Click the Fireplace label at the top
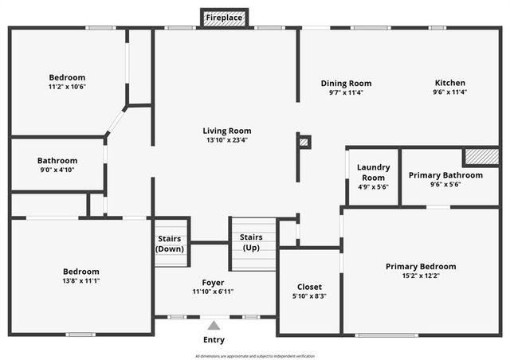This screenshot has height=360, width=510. (224, 18)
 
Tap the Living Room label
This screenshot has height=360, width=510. (227, 131)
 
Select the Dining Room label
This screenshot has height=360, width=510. (346, 83)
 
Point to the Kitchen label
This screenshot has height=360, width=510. (449, 83)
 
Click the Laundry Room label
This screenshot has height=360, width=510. (373, 172)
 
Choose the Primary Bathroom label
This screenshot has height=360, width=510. (445, 175)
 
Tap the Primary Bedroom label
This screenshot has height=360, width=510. (421, 266)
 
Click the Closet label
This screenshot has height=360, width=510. (309, 287)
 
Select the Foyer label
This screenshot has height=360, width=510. (213, 283)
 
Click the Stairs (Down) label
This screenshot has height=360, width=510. (170, 244)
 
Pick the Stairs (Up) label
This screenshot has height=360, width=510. (252, 242)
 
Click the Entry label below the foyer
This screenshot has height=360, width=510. (214, 340)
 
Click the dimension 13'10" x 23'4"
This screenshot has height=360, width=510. (227, 140)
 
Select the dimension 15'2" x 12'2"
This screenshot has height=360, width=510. (421, 276)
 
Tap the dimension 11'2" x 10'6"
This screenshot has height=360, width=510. (66, 87)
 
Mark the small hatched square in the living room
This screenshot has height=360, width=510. (304, 143)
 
